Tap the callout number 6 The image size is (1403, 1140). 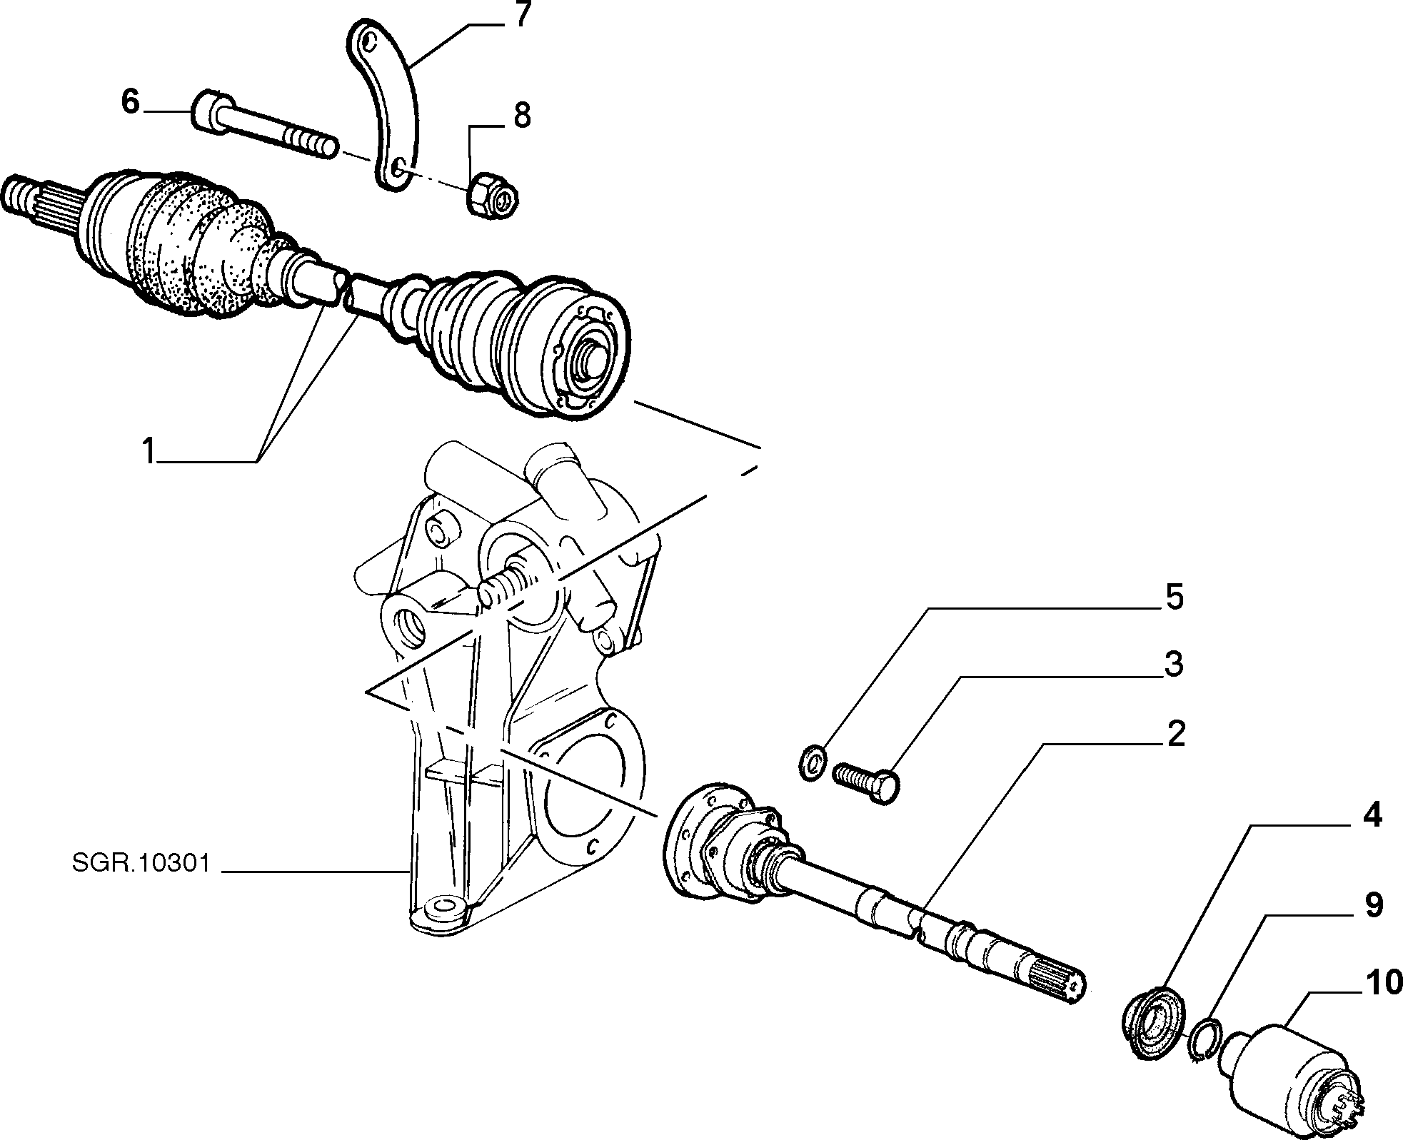point(131,102)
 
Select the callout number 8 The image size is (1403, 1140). point(522,116)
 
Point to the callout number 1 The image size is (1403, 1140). point(148,451)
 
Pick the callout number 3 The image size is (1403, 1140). point(1174,664)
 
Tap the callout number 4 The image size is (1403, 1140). point(1372,815)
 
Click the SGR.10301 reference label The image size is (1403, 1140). point(141,864)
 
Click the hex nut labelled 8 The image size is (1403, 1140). point(493,194)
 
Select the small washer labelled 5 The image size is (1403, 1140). point(812,762)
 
